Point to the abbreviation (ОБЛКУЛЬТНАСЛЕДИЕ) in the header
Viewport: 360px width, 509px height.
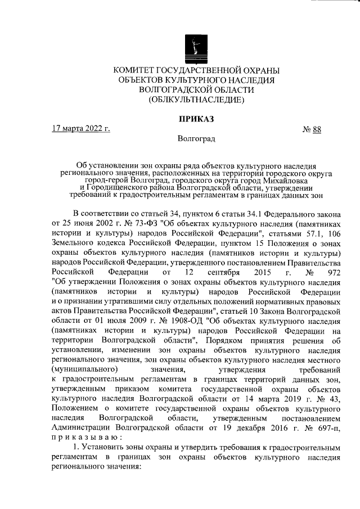pyautogui.click(x=196, y=100)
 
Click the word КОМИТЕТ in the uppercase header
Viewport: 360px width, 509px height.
pyautogui.click(x=134, y=70)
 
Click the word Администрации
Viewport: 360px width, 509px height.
pyautogui.click(x=81, y=427)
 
